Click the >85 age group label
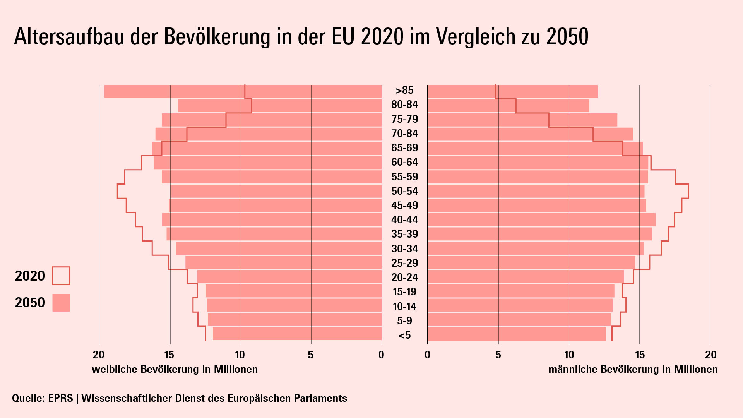tap(404, 90)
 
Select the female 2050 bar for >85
tap(243, 91)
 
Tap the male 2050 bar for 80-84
tap(508, 106)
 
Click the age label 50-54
tap(404, 191)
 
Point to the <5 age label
tap(404, 335)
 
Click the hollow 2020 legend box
tap(61, 276)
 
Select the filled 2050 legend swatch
tap(61, 303)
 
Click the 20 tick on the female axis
tap(99, 355)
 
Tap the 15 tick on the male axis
tap(640, 355)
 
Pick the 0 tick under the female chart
tap(382, 355)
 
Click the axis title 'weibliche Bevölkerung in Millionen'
tap(175, 369)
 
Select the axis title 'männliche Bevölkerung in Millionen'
tap(633, 369)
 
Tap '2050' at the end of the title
tap(567, 37)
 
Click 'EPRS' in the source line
tap(60, 398)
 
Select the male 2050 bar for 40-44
tap(541, 220)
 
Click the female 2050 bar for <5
tap(297, 334)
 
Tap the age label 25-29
tap(404, 263)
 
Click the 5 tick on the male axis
tap(498, 355)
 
